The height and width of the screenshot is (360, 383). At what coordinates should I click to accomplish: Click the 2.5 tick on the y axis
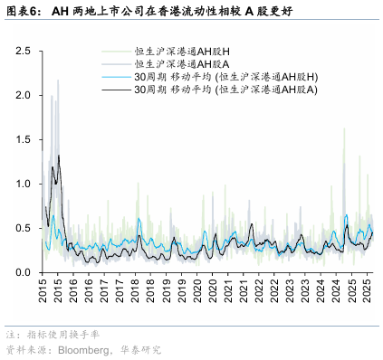(24, 52)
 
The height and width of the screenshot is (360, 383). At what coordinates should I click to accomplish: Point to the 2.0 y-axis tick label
(24, 95)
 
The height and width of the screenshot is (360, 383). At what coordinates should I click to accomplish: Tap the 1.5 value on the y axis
(24, 139)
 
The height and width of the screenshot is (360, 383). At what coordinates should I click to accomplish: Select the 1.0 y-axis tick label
(24, 184)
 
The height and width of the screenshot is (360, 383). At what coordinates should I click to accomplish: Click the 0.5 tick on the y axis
(24, 228)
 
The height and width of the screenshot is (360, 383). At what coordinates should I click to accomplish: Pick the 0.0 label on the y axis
(24, 272)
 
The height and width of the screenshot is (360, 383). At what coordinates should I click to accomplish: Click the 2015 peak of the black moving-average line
(59, 156)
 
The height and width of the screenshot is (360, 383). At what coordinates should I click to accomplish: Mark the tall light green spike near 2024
(345, 128)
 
